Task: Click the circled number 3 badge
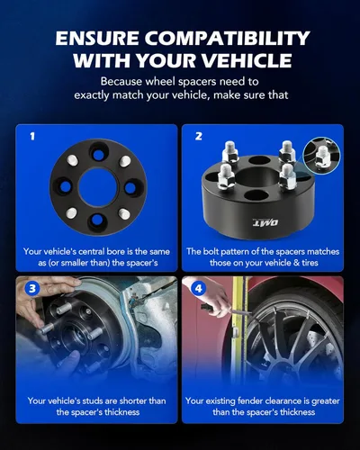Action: click(32, 290)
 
